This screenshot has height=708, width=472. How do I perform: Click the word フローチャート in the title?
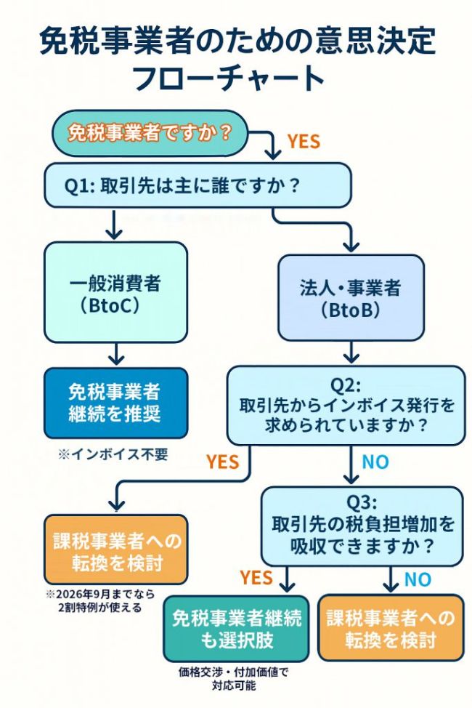(235, 77)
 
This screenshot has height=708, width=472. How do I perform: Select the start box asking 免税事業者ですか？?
(149, 133)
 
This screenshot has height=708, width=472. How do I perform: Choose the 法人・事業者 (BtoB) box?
(351, 297)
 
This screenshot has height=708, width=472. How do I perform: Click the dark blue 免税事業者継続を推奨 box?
(115, 403)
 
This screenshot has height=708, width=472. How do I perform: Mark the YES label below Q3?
(256, 578)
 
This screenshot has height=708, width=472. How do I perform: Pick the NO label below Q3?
(417, 579)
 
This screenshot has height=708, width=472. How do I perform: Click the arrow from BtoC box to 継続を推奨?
(115, 355)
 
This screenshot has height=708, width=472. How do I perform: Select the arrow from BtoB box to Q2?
(351, 353)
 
